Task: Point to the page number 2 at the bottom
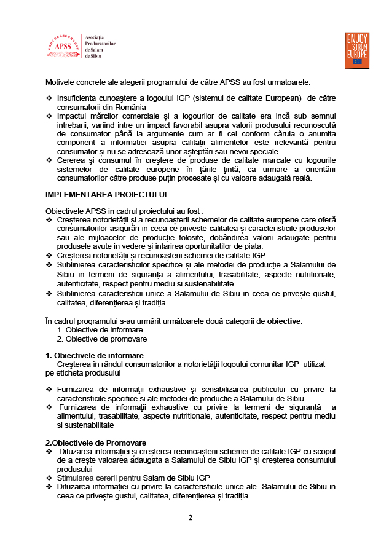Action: (190, 517)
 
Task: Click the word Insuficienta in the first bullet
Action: (78, 98)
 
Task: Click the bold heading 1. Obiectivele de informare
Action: (95, 355)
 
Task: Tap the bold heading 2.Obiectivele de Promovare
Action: (96, 443)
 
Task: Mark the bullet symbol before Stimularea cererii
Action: (49, 478)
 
